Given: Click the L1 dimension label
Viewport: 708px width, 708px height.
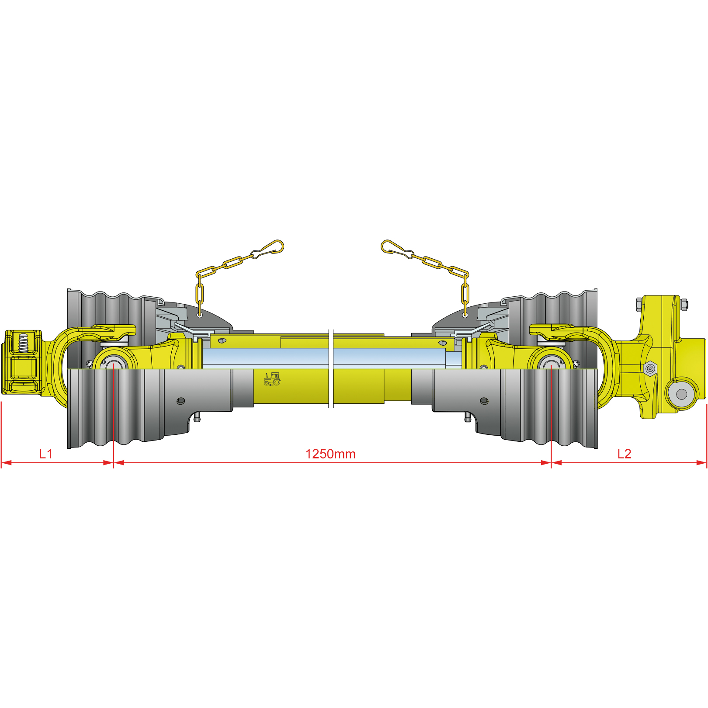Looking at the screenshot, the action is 45,454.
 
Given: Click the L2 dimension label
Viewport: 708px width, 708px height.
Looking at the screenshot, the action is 624,454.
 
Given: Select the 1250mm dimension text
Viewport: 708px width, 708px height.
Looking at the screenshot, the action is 330,454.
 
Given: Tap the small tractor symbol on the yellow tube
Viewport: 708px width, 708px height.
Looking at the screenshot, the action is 272,379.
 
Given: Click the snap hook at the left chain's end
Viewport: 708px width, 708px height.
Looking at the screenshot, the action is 267,249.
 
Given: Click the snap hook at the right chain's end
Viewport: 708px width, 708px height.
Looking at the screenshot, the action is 397,249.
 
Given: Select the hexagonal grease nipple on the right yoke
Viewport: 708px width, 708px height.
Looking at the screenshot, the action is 650,368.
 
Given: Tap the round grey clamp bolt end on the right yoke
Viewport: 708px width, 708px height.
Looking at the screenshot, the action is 681,394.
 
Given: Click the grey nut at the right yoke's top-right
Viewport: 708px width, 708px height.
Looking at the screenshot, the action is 684,304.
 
